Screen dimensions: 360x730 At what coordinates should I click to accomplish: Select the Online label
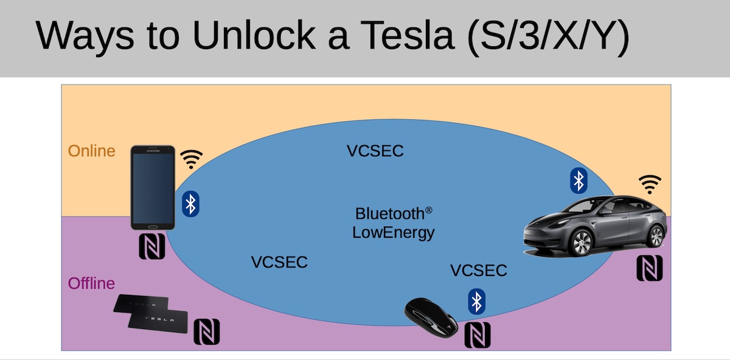click(x=91, y=151)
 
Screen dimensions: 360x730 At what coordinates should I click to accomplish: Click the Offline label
click(x=91, y=283)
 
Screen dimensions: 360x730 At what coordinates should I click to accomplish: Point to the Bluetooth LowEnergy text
click(x=394, y=223)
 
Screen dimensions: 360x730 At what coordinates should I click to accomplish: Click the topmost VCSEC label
click(x=375, y=151)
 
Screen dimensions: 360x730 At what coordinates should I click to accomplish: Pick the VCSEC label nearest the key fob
click(x=479, y=271)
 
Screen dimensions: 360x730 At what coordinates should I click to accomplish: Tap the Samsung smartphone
click(x=153, y=187)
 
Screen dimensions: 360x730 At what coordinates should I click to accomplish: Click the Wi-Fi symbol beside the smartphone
click(x=192, y=159)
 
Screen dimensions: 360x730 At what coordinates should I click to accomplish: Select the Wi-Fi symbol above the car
click(x=650, y=184)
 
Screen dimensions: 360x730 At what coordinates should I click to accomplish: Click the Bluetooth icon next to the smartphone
click(x=191, y=204)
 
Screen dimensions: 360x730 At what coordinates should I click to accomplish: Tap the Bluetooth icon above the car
click(x=579, y=181)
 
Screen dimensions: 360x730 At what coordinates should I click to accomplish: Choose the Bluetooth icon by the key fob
click(x=477, y=302)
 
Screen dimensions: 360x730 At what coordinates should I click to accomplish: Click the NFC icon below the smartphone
click(x=152, y=247)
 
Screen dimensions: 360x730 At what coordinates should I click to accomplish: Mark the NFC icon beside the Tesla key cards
click(x=206, y=331)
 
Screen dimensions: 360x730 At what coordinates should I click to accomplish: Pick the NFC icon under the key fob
click(x=477, y=335)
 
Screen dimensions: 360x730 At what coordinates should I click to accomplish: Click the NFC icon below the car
click(x=649, y=268)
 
